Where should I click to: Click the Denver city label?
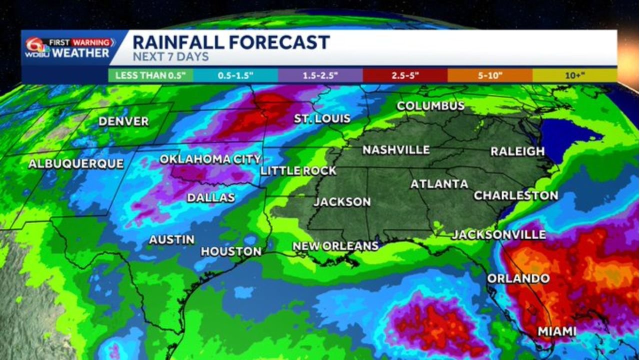(123, 121)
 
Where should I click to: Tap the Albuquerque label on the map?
(76, 163)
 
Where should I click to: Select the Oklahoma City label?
(210, 159)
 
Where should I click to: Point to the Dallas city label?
(211, 197)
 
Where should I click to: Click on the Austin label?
(171, 239)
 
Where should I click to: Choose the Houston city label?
(231, 251)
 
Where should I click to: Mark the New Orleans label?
(335, 246)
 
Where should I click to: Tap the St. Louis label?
(322, 118)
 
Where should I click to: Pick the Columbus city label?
(430, 106)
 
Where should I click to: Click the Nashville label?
(396, 149)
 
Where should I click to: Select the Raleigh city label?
(517, 151)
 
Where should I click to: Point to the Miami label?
(557, 331)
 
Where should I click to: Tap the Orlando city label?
(518, 278)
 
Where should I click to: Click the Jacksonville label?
(498, 234)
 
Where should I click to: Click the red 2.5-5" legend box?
(405, 75)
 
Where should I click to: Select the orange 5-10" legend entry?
(489, 75)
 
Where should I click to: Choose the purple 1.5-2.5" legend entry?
(320, 75)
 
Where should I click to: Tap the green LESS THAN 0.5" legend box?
(150, 75)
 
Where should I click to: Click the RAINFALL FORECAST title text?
(231, 42)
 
